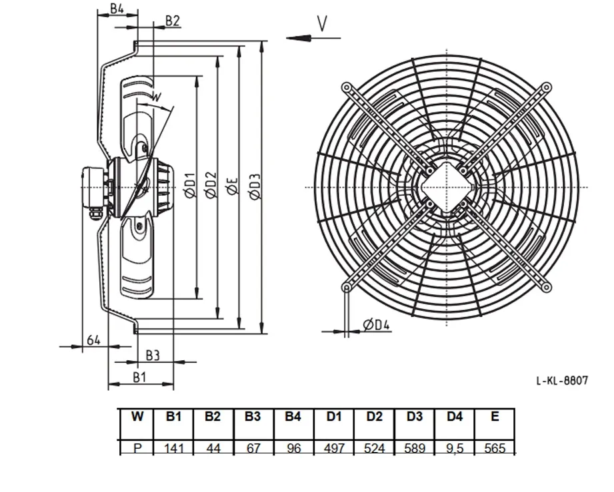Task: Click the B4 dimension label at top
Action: tap(117, 8)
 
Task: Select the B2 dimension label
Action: tap(172, 21)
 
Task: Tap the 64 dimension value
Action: tap(93, 340)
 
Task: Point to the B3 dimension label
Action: tap(153, 356)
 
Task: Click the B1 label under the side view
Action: tap(139, 377)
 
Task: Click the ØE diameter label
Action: tap(232, 186)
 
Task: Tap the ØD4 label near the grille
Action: tap(377, 325)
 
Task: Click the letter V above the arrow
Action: tap(322, 24)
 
